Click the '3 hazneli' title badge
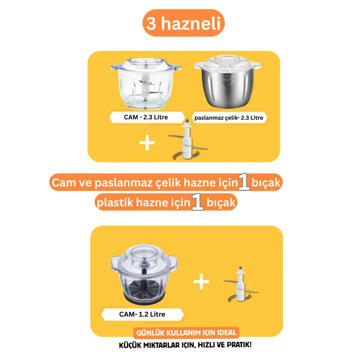[184, 23]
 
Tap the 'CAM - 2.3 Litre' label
[146, 117]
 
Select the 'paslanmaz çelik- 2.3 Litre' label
[229, 118]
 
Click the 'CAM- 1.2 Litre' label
[142, 314]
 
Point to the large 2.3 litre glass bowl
[146, 83]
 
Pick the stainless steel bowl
[227, 81]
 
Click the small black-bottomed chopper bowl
[144, 275]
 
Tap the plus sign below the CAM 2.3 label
[147, 142]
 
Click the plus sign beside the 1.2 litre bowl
[201, 282]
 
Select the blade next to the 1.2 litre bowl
[241, 284]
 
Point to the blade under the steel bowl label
[188, 140]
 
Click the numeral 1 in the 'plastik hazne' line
[198, 201]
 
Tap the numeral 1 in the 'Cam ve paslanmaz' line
[244, 182]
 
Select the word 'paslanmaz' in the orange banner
[123, 183]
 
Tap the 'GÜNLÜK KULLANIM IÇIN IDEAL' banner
[187, 333]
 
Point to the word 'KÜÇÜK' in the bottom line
[129, 345]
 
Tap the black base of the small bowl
[144, 298]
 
